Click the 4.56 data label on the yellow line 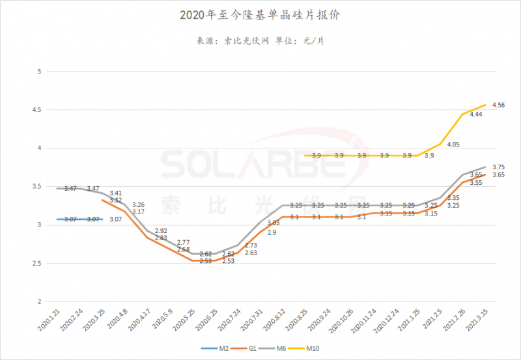tap(499, 105)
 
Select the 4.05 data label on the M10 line tap(454, 145)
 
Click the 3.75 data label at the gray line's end tap(499, 167)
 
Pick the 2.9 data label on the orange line tap(271, 232)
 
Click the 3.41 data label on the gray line tap(116, 193)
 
